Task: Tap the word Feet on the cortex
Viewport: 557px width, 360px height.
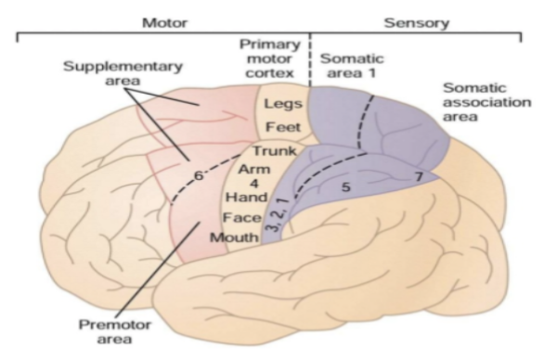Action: click(x=279, y=127)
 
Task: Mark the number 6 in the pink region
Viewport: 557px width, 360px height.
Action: click(x=197, y=174)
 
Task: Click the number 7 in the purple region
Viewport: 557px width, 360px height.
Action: click(x=419, y=174)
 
